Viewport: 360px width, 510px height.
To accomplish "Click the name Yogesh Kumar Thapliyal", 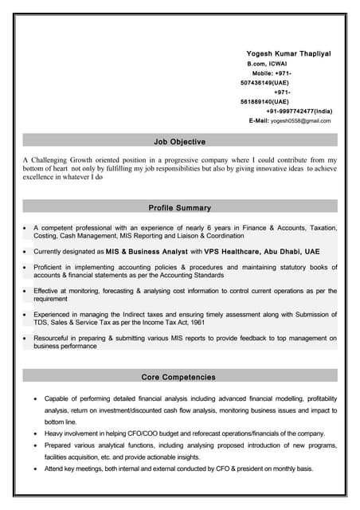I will tap(288, 53).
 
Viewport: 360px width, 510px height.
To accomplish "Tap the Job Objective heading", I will tap(179, 142).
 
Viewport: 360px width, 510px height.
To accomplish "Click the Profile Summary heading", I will tap(179, 208).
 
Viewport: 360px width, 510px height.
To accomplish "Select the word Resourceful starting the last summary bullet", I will tap(53, 339).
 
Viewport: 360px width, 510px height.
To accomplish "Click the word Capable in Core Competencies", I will tap(57, 398).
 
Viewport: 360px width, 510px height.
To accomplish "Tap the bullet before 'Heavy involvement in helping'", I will tap(35, 433).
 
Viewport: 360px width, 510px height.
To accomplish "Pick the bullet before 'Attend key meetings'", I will tap(35, 469).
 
